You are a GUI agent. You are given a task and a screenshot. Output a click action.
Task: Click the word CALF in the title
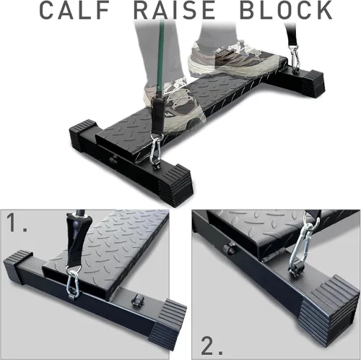coord(74,10)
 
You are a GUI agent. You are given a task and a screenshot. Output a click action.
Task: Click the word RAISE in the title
coord(175,10)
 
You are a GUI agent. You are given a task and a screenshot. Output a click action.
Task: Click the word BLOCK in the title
coord(287,10)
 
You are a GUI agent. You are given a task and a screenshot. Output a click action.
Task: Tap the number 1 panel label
coord(16,223)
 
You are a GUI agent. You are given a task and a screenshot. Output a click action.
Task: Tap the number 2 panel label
coord(212,346)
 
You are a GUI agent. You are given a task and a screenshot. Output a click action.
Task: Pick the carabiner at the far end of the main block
coord(295,57)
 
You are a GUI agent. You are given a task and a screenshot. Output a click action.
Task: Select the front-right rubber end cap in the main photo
coord(175,186)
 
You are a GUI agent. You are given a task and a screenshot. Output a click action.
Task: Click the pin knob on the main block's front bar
coord(113,160)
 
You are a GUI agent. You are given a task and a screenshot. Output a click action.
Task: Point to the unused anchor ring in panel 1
coord(136,300)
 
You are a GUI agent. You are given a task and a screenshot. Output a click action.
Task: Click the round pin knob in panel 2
coord(229,249)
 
